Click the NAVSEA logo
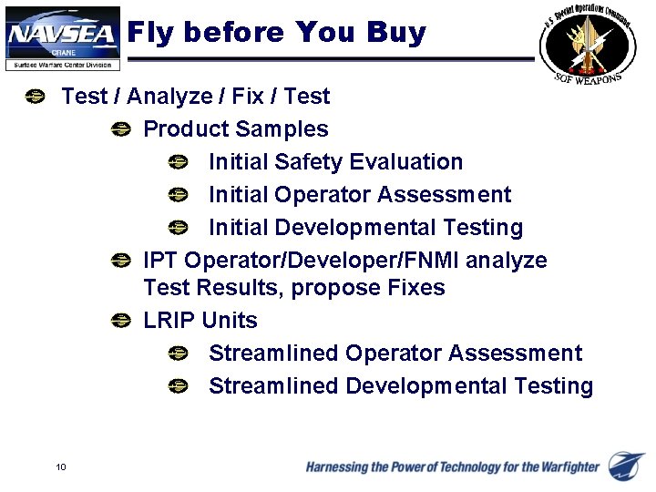(62, 37)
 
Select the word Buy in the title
(396, 33)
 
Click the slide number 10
(60, 467)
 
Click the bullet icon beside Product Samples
(119, 130)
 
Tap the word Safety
(309, 162)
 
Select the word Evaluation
(407, 162)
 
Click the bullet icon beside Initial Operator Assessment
(178, 195)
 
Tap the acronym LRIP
(169, 321)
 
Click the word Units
(230, 321)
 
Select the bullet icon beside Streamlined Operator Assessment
(178, 354)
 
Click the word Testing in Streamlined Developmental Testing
(553, 386)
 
